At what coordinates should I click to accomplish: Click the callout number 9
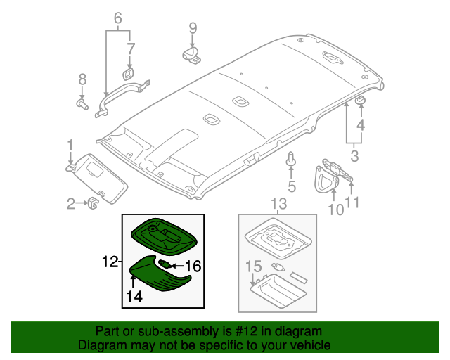[193, 28]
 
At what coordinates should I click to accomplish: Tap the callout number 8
[82, 79]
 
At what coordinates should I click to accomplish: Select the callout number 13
[279, 203]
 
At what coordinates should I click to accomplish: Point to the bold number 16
[193, 266]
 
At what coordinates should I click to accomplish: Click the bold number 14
[134, 296]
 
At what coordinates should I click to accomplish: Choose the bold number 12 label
[110, 262]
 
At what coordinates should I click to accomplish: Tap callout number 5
[292, 186]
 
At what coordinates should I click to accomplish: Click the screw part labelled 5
[291, 160]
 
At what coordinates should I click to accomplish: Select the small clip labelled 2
[93, 202]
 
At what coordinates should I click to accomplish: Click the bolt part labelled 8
[82, 104]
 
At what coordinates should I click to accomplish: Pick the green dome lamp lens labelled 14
[160, 274]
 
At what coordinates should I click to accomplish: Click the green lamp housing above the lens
[164, 236]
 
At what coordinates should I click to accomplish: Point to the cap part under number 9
[191, 55]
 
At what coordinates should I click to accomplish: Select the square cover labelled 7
[128, 74]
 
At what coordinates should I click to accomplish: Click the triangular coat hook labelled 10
[326, 179]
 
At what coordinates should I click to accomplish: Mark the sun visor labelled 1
[98, 178]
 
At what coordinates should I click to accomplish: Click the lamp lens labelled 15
[278, 291]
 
